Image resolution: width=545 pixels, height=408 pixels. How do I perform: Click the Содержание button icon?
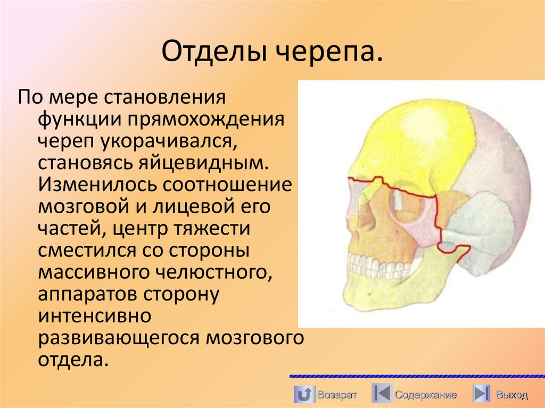coord(381,394)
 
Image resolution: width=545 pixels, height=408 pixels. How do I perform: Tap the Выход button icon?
coord(481,394)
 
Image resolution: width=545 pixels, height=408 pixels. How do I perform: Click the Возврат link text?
coord(337,395)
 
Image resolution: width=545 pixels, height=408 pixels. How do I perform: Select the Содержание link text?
coord(425,395)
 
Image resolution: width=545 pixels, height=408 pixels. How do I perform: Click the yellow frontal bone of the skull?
coord(415,138)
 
